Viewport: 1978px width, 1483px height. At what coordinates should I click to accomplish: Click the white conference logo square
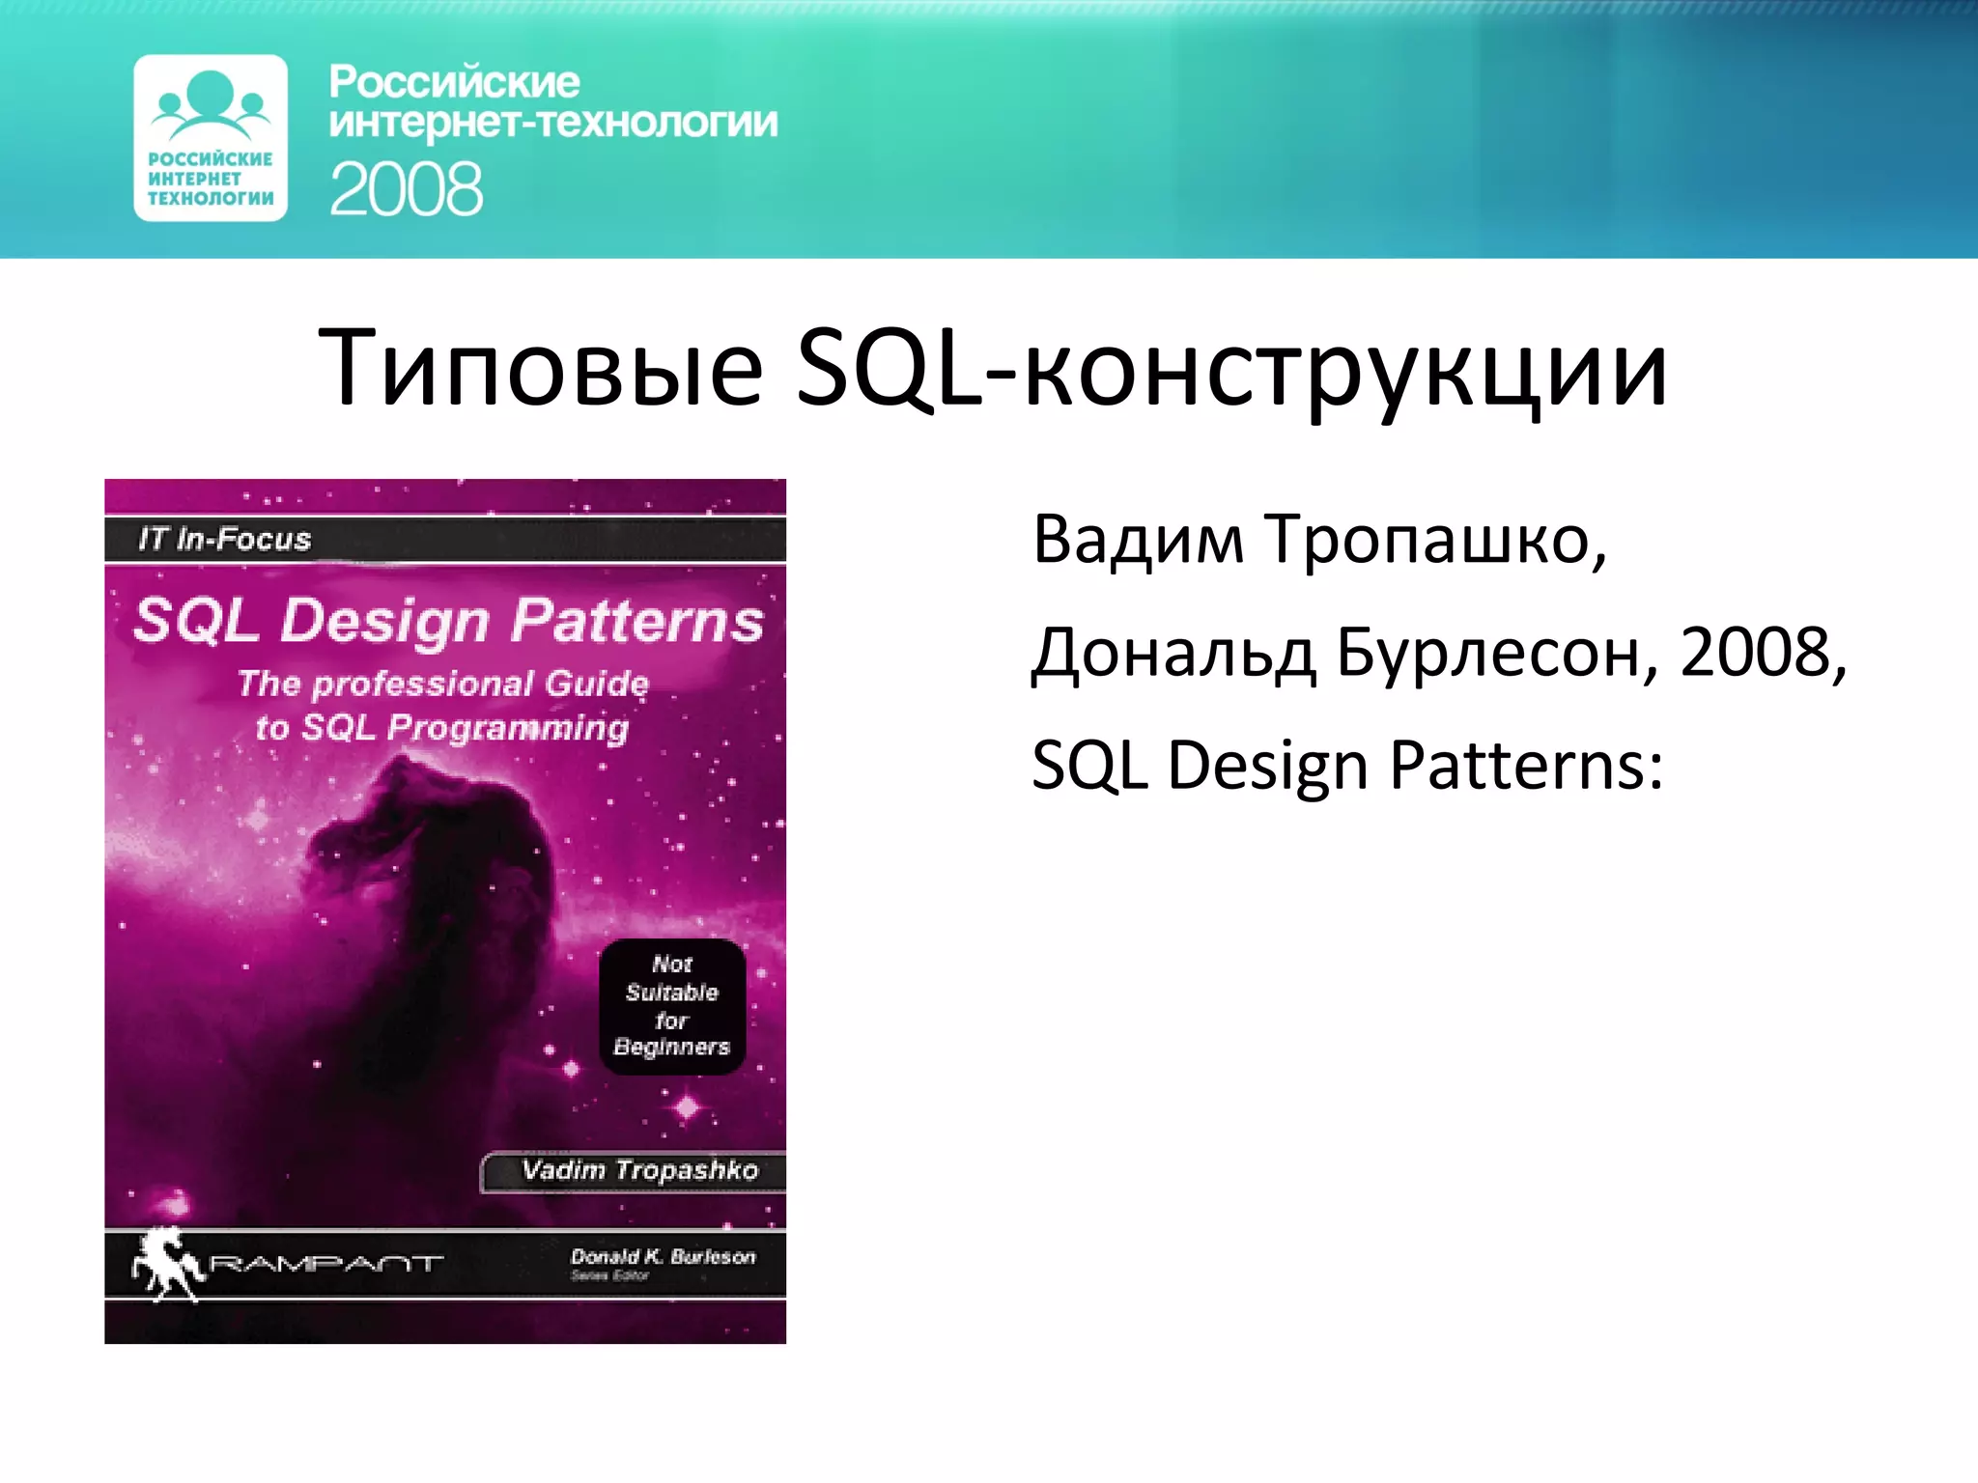(x=211, y=138)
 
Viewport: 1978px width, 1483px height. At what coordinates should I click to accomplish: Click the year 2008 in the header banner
(x=406, y=189)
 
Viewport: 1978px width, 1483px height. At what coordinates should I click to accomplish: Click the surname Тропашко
(x=1435, y=541)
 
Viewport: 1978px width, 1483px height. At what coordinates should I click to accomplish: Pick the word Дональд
(x=1173, y=654)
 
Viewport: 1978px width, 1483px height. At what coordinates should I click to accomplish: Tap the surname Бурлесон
(x=1497, y=654)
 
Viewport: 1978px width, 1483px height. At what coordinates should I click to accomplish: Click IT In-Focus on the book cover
(x=224, y=539)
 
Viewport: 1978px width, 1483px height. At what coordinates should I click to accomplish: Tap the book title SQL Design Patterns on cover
(x=448, y=620)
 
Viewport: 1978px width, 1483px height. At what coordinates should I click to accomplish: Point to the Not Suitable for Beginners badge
(x=672, y=1006)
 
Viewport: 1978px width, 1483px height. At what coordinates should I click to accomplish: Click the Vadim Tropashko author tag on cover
(x=639, y=1171)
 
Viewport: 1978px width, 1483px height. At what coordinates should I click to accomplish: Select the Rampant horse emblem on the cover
(x=168, y=1262)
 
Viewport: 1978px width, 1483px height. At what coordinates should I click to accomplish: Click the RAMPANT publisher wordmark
(x=326, y=1263)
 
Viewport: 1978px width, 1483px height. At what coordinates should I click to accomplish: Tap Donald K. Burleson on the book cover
(x=663, y=1256)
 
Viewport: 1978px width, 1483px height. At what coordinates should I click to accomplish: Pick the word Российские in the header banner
(x=454, y=83)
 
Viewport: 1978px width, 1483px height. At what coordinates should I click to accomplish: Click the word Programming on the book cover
(x=508, y=728)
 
